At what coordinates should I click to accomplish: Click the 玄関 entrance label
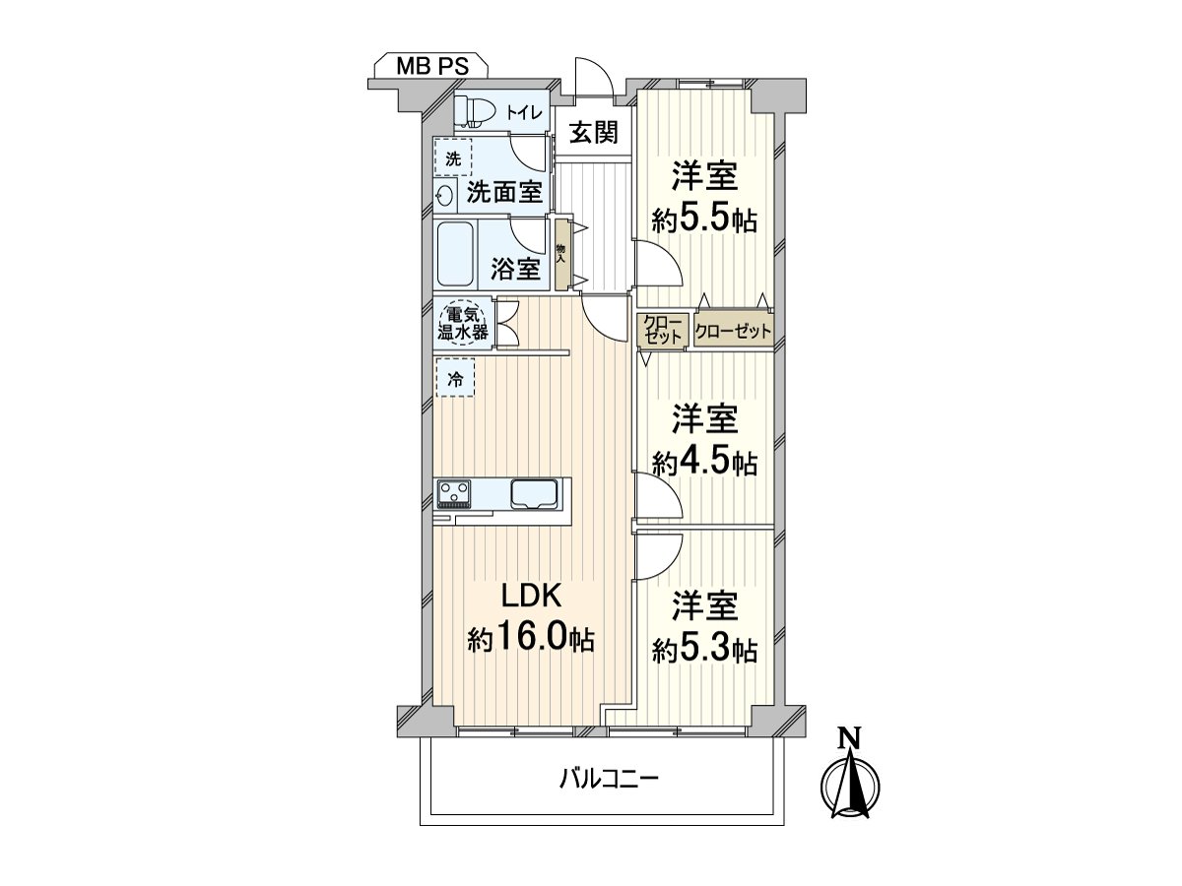(x=593, y=131)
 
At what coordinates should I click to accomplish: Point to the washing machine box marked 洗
(x=452, y=158)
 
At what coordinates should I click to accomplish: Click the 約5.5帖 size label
(x=703, y=219)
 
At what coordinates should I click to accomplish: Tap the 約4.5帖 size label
(x=703, y=461)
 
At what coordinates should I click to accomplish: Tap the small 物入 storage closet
(x=561, y=255)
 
